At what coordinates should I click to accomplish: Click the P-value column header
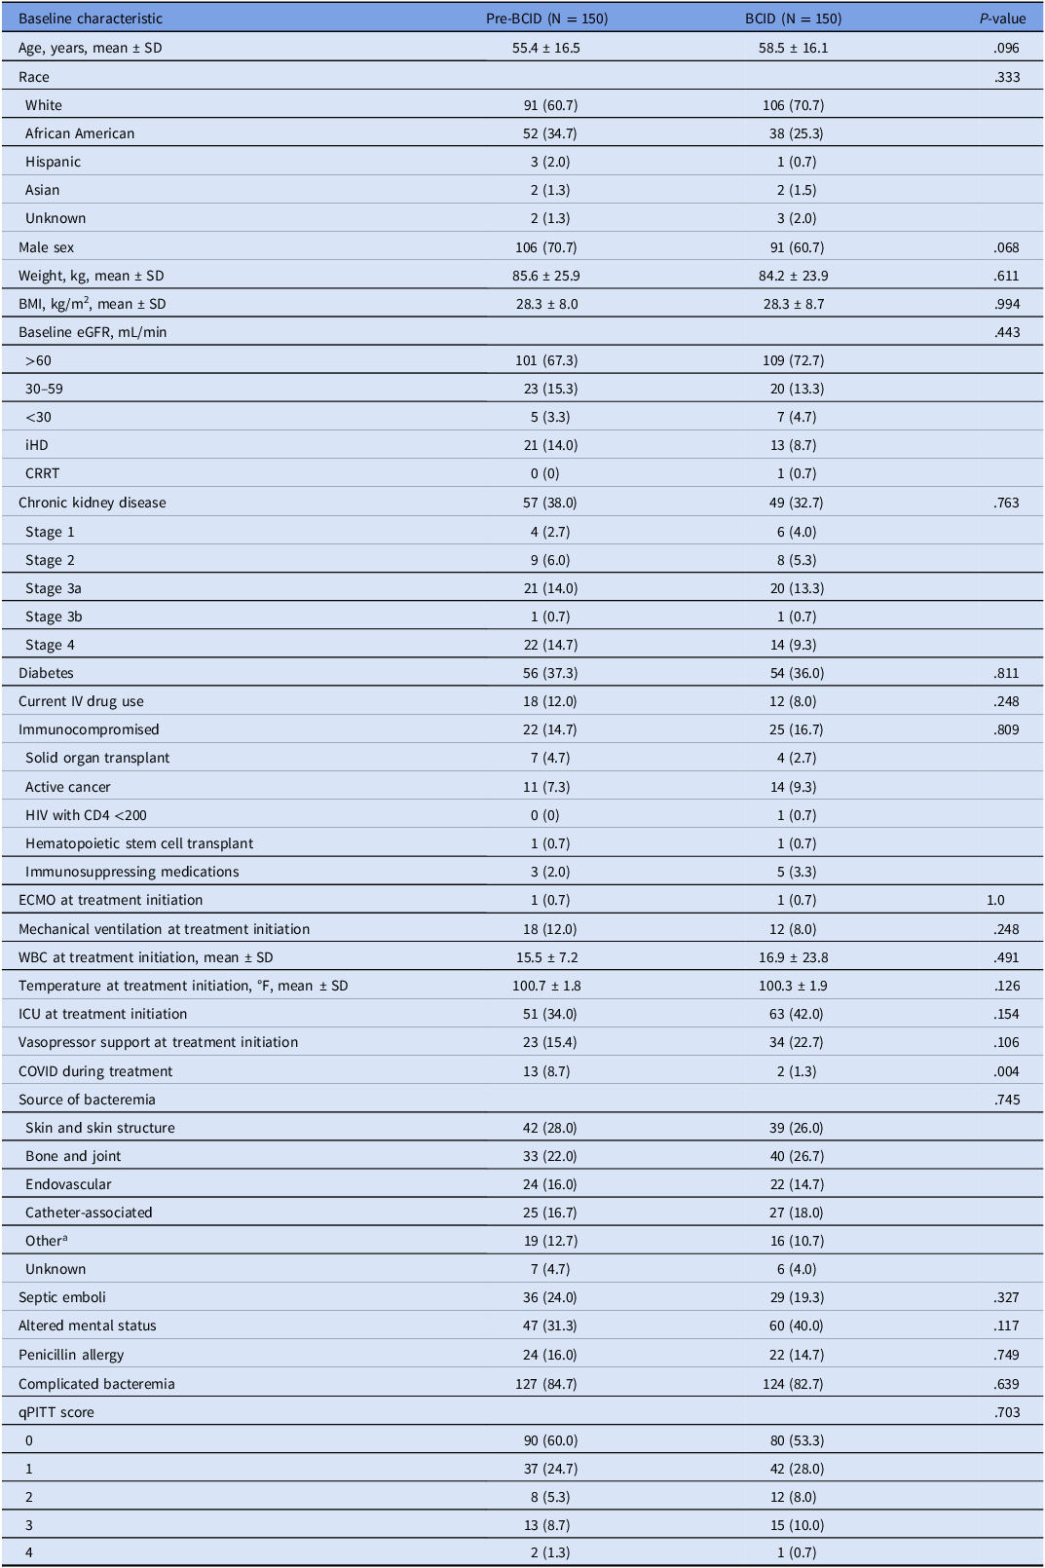tap(1002, 19)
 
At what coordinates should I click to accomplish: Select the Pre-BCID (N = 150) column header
tap(546, 19)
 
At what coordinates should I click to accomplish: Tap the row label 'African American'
tap(80, 133)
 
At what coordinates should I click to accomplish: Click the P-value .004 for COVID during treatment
tap(1006, 1071)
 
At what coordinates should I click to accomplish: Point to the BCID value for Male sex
tap(793, 247)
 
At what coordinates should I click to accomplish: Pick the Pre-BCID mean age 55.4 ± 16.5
tap(546, 48)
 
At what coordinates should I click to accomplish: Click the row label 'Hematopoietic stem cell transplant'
tap(139, 843)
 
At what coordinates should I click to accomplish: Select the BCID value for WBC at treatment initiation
tap(793, 957)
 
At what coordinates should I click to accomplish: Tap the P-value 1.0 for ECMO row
tap(995, 900)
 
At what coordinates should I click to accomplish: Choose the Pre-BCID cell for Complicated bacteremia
tap(549, 1384)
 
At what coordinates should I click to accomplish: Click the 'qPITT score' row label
tap(56, 1412)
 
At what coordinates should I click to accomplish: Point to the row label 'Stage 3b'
tap(54, 616)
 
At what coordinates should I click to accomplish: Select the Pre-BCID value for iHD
tap(550, 445)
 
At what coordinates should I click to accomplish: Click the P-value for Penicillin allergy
tap(1006, 1355)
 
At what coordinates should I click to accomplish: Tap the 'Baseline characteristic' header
tap(91, 19)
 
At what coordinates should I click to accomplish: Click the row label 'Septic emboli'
tap(62, 1297)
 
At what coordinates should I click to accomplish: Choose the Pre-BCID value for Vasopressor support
tap(550, 1042)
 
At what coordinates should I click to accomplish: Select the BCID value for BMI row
tap(793, 304)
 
